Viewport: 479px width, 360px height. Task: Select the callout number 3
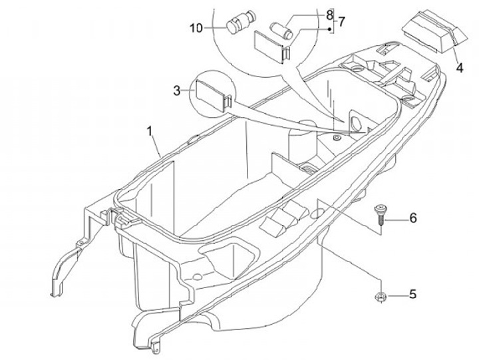pos(177,90)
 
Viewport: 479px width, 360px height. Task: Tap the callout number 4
pos(459,67)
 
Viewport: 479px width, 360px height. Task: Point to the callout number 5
pos(412,294)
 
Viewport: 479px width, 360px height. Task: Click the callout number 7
pos(341,22)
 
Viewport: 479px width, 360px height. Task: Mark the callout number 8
pos(329,14)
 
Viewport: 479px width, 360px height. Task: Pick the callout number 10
pos(195,28)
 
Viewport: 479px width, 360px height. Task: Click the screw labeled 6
pos(380,214)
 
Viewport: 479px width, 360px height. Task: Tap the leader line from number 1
pos(158,143)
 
